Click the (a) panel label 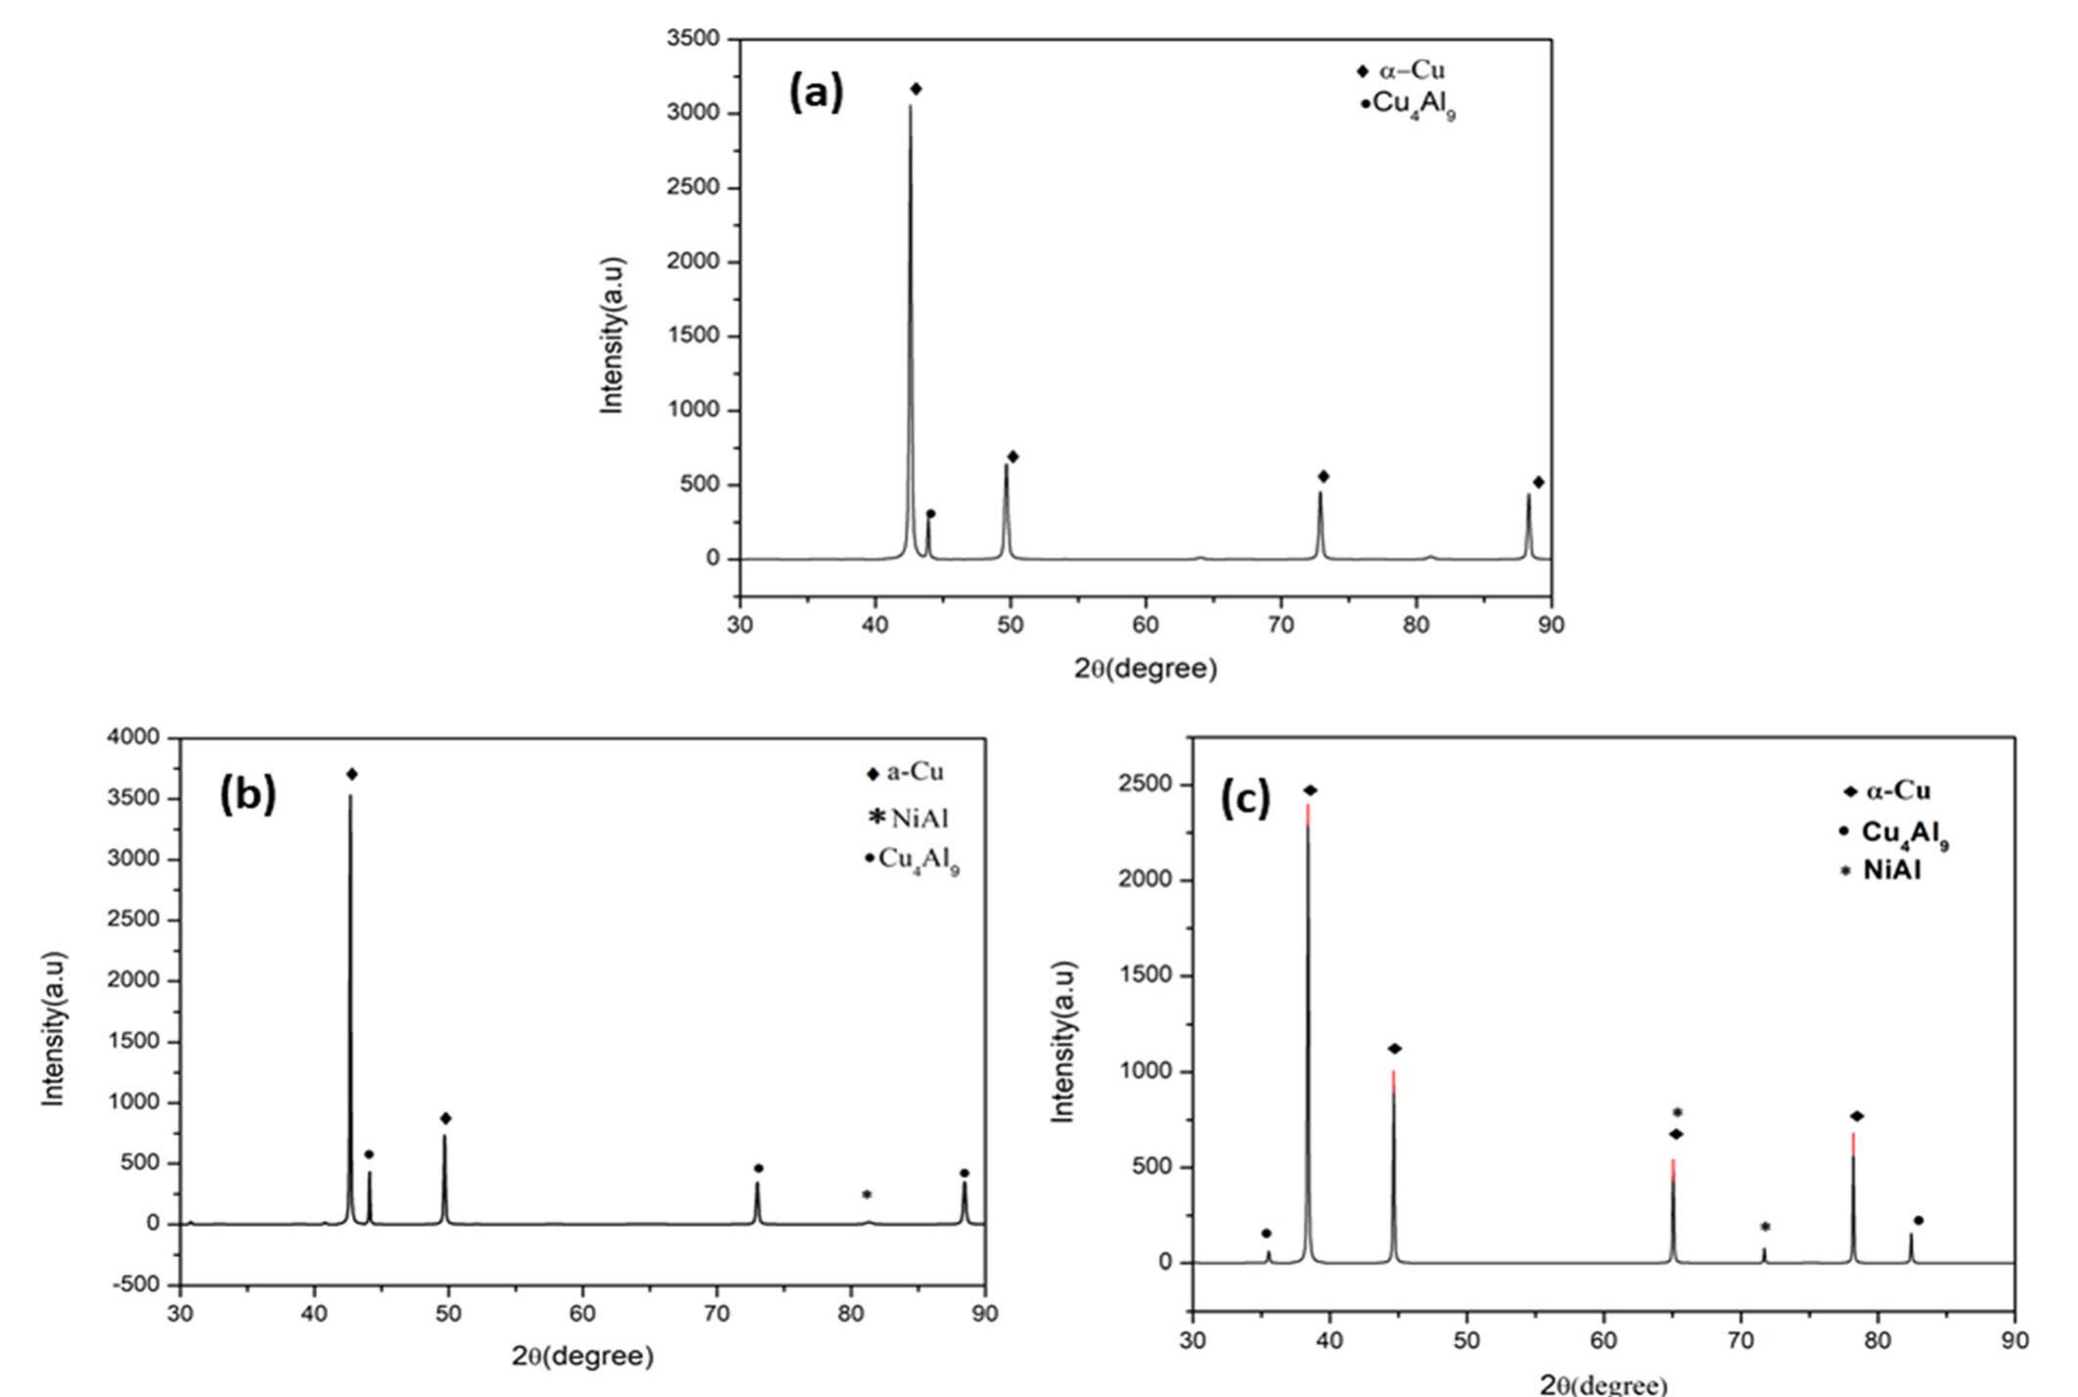(815, 93)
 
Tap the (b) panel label (248, 794)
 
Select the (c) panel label (1244, 800)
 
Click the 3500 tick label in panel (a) (693, 39)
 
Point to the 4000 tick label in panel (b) (133, 738)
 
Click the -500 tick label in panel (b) (136, 1284)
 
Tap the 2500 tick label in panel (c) (1147, 785)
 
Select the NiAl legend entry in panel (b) (910, 818)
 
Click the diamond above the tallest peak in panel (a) (916, 89)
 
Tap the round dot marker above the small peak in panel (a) (930, 514)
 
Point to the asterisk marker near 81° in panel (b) (867, 1194)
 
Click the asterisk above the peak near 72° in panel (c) (1765, 1227)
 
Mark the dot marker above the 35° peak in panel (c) (1266, 1234)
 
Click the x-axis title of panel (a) (1146, 669)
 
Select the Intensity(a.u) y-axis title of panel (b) (55, 1028)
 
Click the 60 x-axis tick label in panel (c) (1604, 1340)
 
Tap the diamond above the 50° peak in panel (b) (446, 1118)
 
